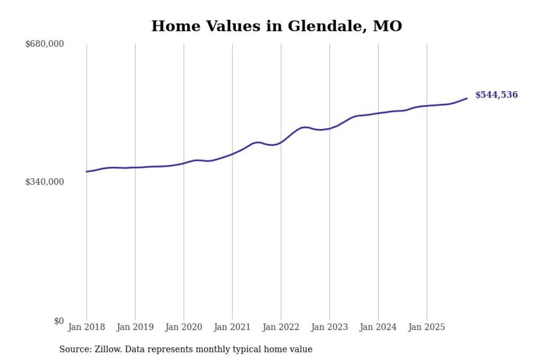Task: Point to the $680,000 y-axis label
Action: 45,44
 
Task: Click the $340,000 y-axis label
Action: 45,182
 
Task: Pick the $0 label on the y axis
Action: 59,321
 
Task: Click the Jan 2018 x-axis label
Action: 86,328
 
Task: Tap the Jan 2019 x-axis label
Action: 135,328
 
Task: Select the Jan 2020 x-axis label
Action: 184,328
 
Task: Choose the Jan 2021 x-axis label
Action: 232,328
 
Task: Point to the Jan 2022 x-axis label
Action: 281,328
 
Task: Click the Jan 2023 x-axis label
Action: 329,328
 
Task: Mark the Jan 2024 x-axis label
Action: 378,328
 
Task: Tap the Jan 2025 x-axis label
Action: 427,328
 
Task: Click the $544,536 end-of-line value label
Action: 497,95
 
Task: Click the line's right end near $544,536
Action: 467,98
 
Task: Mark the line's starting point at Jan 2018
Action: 86,171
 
